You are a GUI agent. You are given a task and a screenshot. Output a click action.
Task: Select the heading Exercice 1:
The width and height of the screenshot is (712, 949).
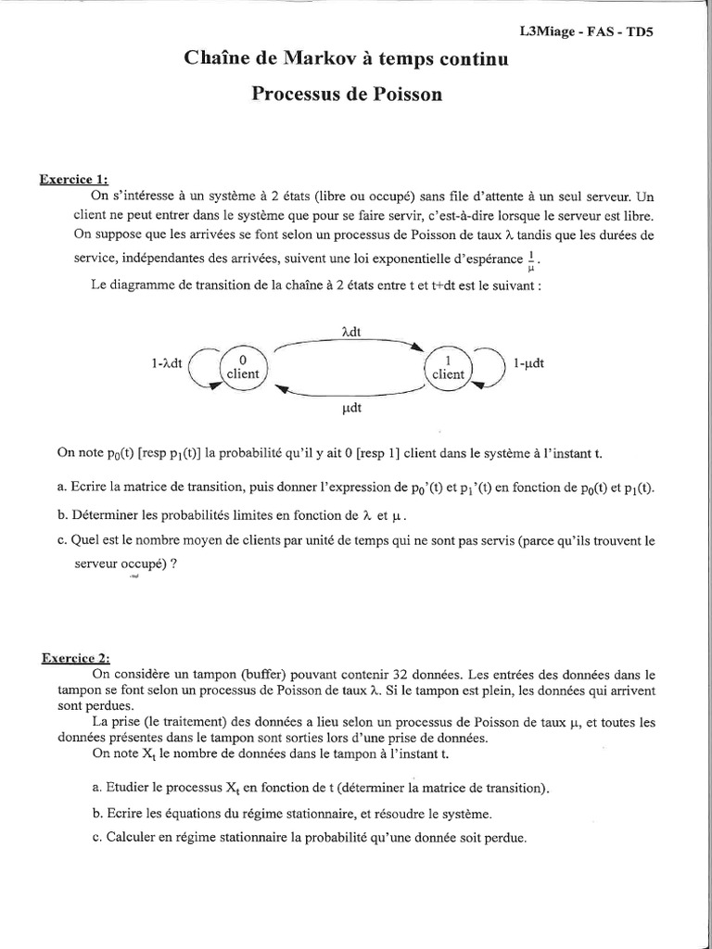(79, 180)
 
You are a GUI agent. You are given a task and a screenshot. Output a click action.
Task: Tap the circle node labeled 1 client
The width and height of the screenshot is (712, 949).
(449, 368)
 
